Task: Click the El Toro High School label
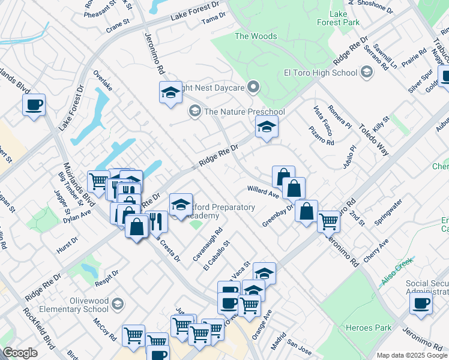tap(320, 73)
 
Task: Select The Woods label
tap(256, 36)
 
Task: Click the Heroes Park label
tap(369, 328)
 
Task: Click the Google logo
tap(20, 353)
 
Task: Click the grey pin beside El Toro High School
tap(366, 73)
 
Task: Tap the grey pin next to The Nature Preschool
tap(194, 112)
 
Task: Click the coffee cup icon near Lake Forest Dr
tap(34, 104)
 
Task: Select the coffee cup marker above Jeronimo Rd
tap(421, 302)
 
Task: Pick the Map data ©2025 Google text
tap(411, 355)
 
